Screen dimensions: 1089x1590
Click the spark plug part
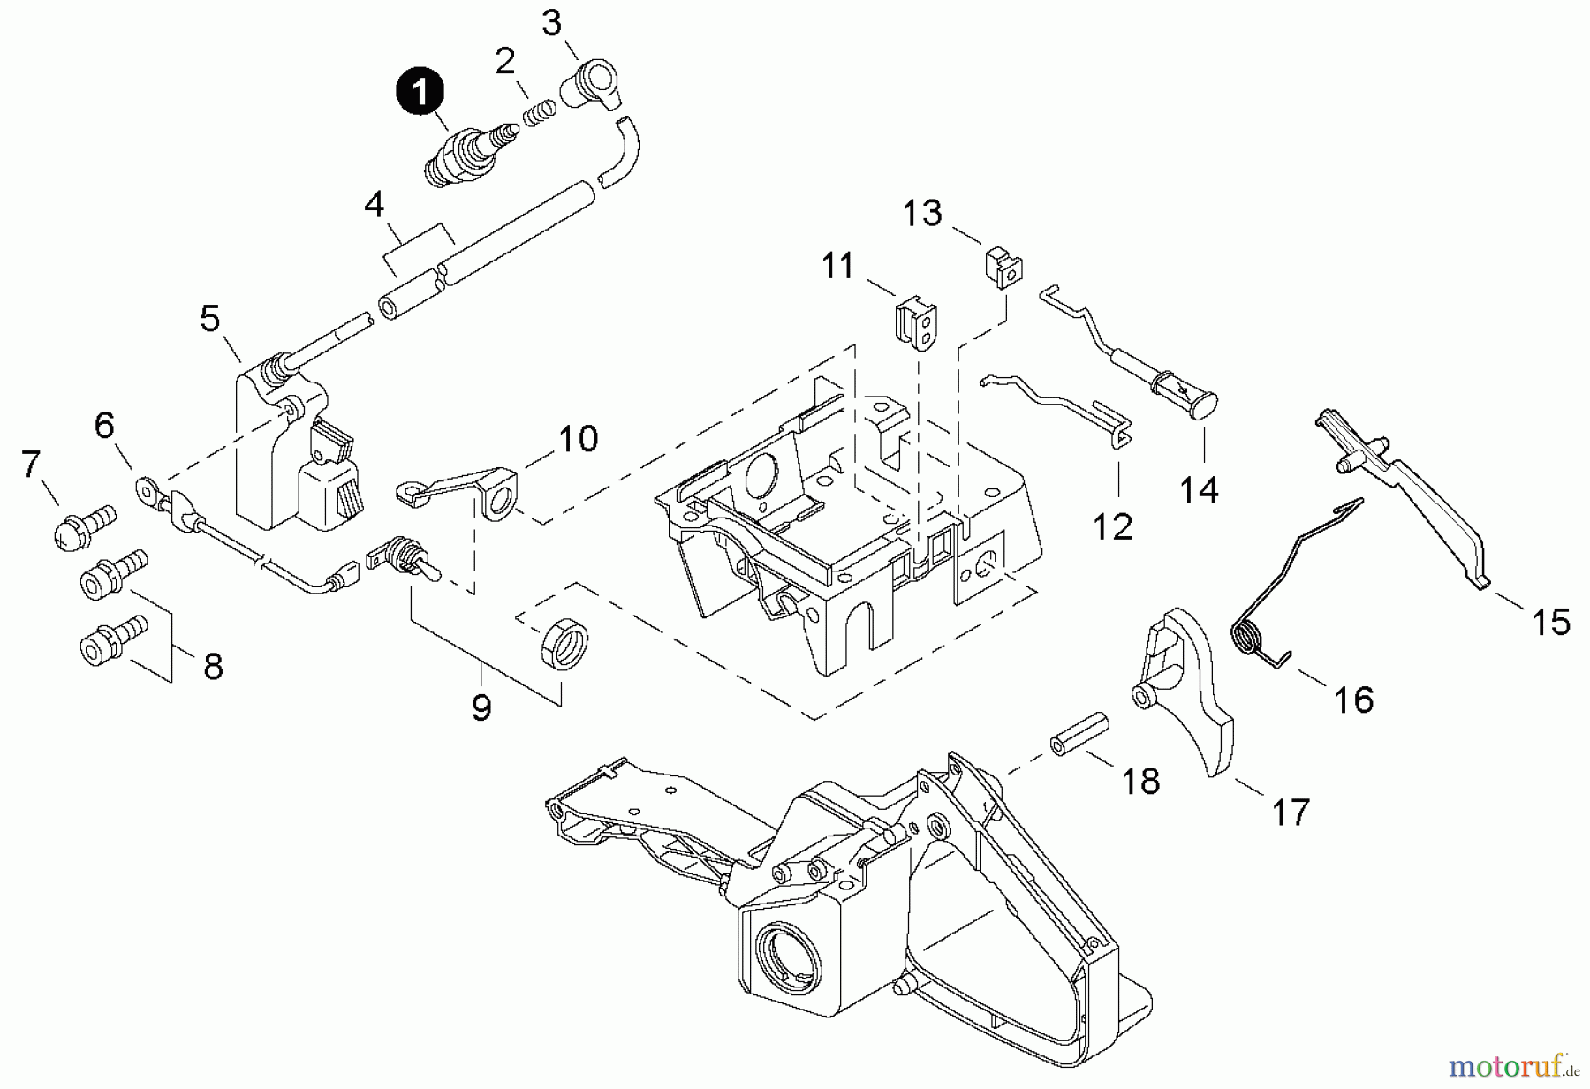coord(466,151)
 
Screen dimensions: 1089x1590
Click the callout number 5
coord(209,319)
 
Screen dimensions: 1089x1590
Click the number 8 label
coord(213,667)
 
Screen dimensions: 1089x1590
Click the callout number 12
coord(1112,527)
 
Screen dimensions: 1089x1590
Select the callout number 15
coord(1551,622)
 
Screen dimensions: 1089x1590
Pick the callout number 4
coord(375,205)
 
